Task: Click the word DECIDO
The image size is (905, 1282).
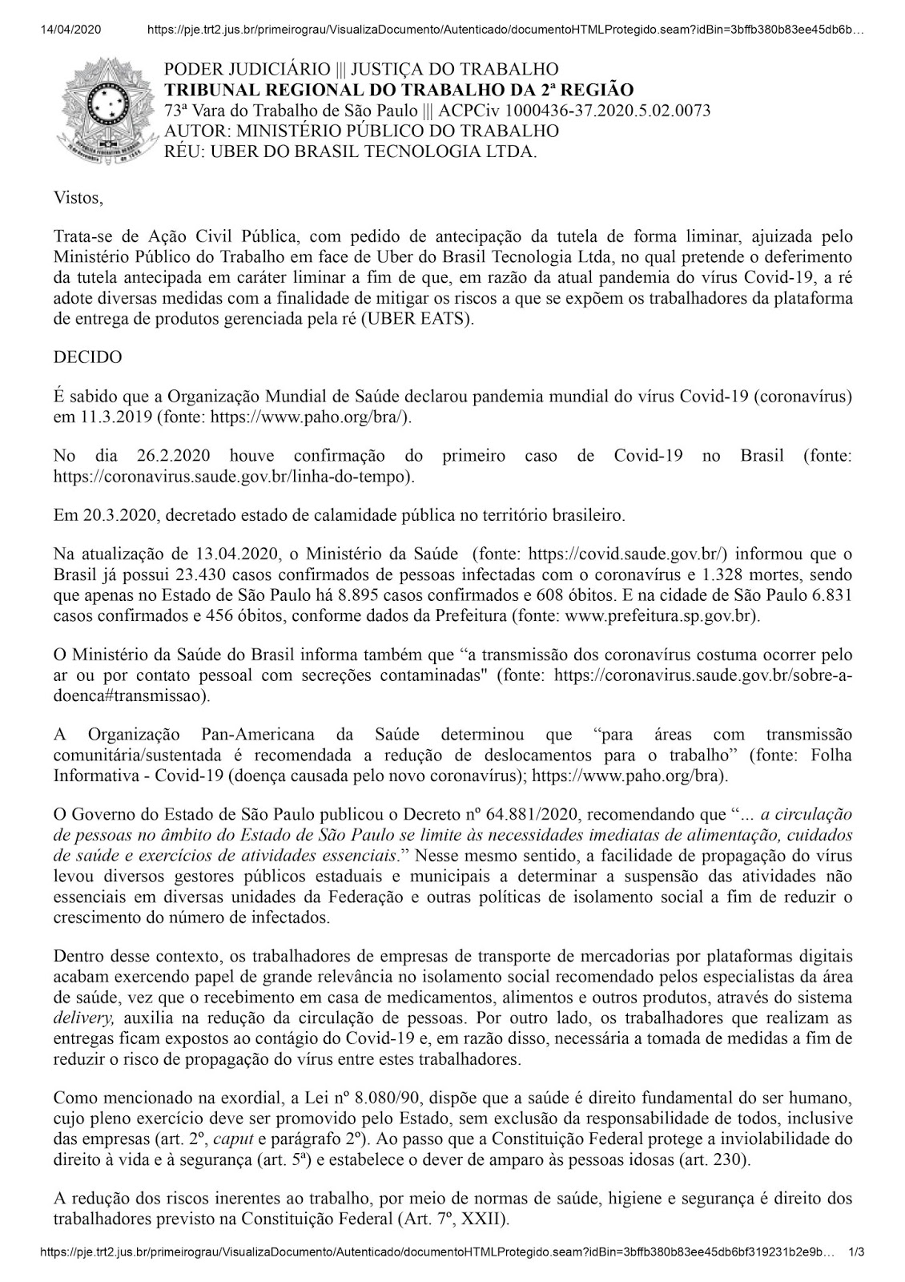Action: tap(87, 357)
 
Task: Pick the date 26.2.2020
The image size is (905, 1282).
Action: tap(169, 456)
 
